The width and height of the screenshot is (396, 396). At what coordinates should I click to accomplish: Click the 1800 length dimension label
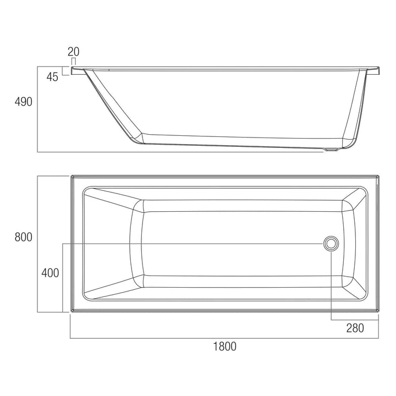(x=224, y=346)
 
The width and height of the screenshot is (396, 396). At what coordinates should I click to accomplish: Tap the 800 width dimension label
(x=24, y=237)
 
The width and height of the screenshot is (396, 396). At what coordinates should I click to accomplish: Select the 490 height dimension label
(x=24, y=102)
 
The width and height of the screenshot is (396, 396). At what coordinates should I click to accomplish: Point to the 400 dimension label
(x=50, y=272)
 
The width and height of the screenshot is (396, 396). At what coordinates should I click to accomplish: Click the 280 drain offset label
(x=355, y=328)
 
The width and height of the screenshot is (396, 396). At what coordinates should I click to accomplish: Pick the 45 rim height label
(x=52, y=77)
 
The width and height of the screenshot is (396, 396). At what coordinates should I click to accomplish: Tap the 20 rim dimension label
(x=74, y=52)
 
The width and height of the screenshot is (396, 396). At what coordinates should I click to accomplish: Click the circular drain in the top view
(x=331, y=243)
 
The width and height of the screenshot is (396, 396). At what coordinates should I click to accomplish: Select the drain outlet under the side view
(x=332, y=149)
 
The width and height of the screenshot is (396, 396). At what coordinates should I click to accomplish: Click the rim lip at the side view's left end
(x=78, y=70)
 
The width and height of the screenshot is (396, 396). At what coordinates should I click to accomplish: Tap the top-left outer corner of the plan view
(x=71, y=176)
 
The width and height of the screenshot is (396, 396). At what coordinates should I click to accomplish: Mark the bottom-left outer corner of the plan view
(x=71, y=312)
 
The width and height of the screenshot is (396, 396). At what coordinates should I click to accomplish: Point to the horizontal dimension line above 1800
(x=224, y=337)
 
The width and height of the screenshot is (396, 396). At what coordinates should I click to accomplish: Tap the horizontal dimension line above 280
(x=355, y=320)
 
